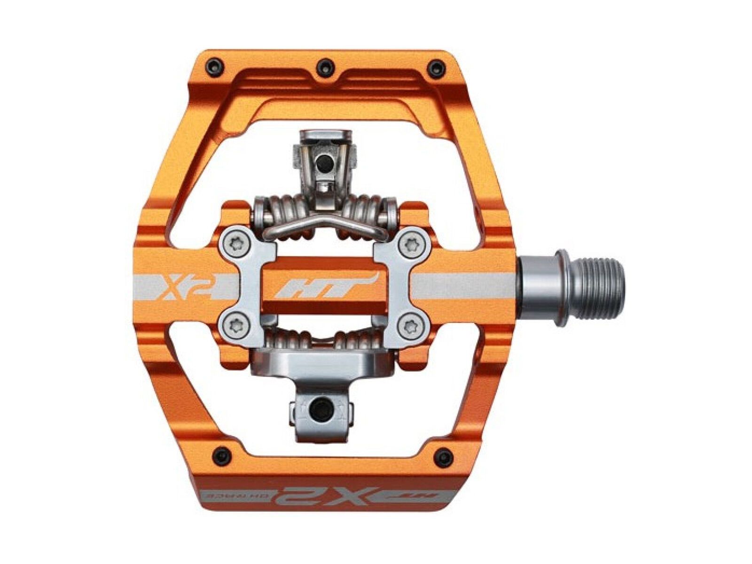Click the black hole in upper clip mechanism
point(323,164)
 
